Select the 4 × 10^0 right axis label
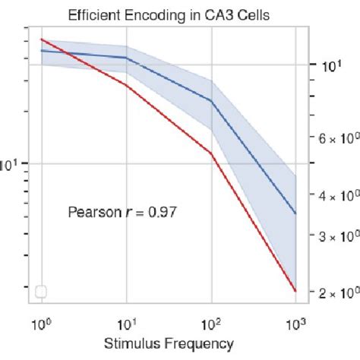[x=334, y=196]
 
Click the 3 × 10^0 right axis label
[x=334, y=236]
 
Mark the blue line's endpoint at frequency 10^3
[x=295, y=213]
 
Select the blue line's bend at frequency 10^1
[x=126, y=58]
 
